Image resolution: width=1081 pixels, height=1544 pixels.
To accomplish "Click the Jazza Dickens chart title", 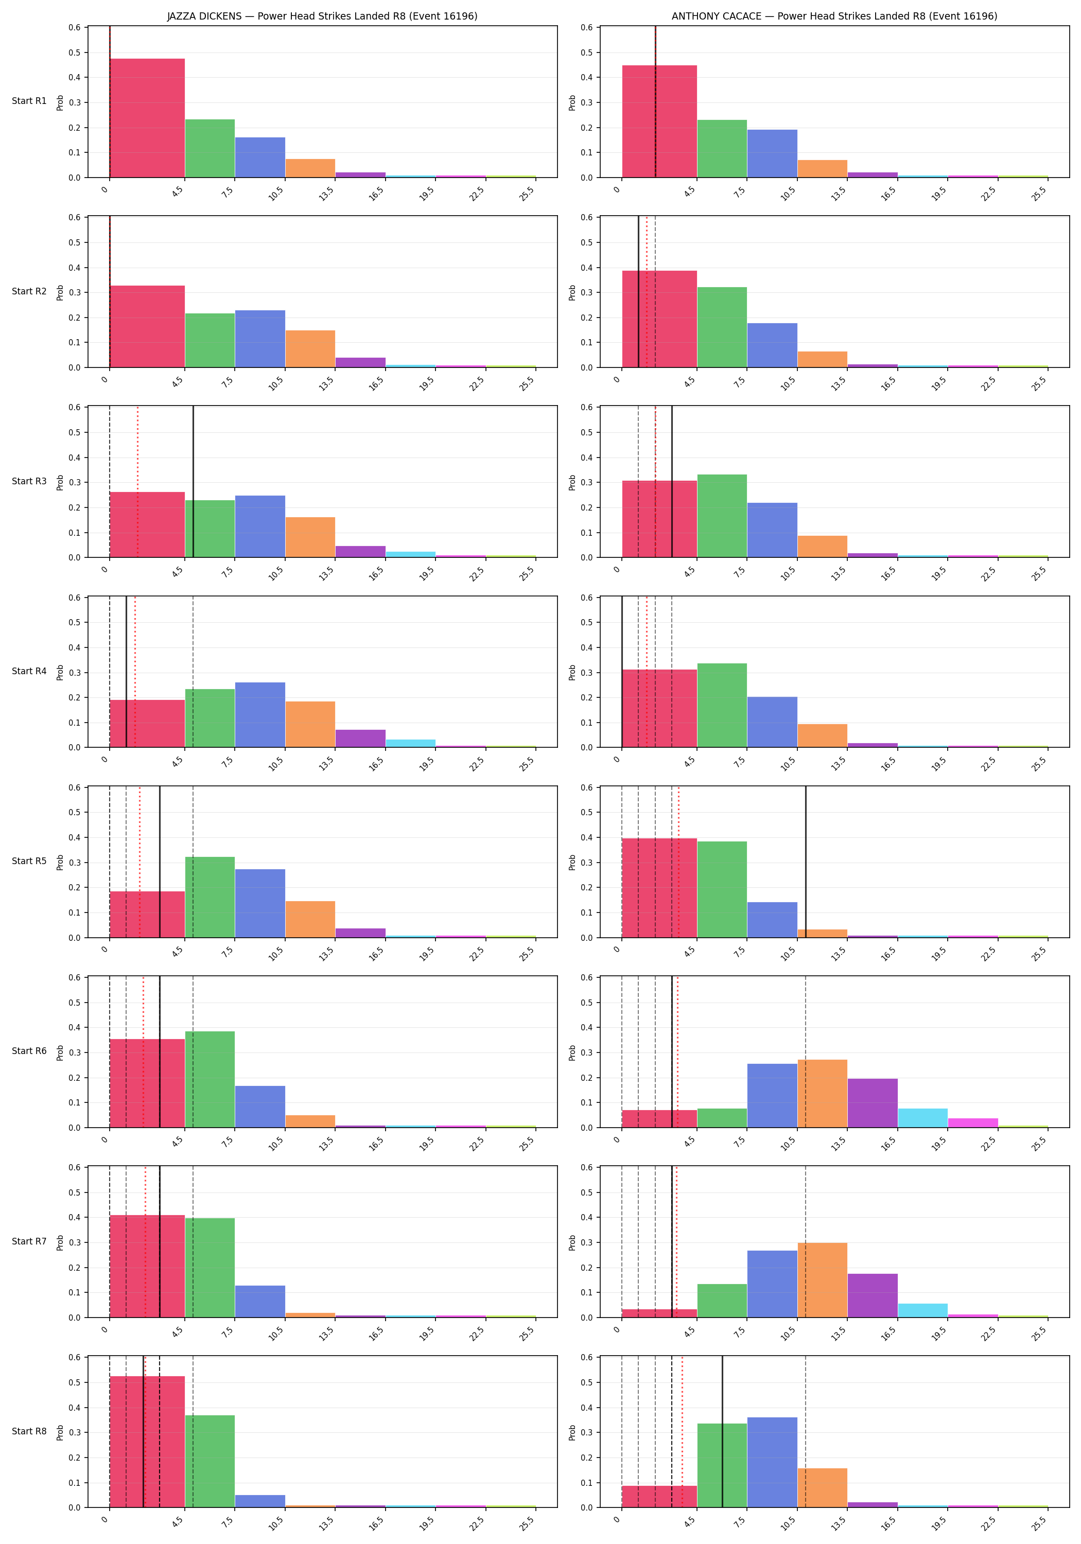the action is (x=322, y=16).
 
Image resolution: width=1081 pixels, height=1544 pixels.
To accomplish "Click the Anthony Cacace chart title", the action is (x=834, y=16).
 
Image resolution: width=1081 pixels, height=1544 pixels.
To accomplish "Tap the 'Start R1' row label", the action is (x=29, y=101).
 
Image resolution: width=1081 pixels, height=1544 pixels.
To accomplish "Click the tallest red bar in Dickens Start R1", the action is (x=147, y=118).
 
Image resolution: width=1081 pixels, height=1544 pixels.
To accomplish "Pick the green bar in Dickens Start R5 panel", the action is (x=210, y=897).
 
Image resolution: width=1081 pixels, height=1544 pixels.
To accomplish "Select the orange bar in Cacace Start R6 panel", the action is (x=822, y=1094).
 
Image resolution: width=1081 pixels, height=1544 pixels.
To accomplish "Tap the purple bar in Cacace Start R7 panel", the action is (x=873, y=1295).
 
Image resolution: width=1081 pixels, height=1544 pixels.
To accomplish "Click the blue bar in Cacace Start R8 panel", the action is (x=772, y=1462).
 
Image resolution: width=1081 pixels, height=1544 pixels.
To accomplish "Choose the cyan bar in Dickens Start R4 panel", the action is (x=410, y=743).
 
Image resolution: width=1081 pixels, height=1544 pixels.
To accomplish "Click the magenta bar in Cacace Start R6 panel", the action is (x=973, y=1123).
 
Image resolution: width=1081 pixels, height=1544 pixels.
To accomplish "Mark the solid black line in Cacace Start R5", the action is (x=806, y=862).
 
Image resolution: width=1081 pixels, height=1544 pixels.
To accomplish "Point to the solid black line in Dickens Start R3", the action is (x=193, y=482).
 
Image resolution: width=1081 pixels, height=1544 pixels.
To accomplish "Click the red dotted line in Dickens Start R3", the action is (x=138, y=482).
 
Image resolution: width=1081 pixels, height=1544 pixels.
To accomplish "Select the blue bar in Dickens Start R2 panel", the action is (x=259, y=339).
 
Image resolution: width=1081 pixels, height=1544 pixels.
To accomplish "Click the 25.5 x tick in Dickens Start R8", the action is (x=528, y=1522).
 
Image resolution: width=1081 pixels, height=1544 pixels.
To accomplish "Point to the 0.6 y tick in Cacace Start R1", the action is (x=586, y=28).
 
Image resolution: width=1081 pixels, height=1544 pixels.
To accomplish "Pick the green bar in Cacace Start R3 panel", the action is (x=722, y=516).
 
